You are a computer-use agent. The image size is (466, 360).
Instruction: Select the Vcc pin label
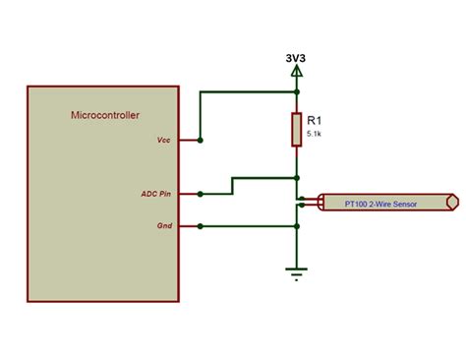point(163,141)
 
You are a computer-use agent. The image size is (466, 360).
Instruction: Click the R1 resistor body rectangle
point(296,129)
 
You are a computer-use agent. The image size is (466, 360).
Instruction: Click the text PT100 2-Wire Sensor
point(380,204)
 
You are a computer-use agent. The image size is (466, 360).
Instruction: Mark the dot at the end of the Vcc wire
point(200,141)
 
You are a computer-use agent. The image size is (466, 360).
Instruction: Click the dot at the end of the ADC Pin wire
point(200,194)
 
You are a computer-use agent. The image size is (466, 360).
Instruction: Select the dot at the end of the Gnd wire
point(200,226)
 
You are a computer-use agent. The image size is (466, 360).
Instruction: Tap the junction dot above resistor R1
point(296,92)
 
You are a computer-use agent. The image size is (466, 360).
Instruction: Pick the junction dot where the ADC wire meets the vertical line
point(296,178)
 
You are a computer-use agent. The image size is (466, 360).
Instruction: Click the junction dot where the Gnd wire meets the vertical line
point(296,226)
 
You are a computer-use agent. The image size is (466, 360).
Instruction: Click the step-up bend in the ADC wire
point(232,186)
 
